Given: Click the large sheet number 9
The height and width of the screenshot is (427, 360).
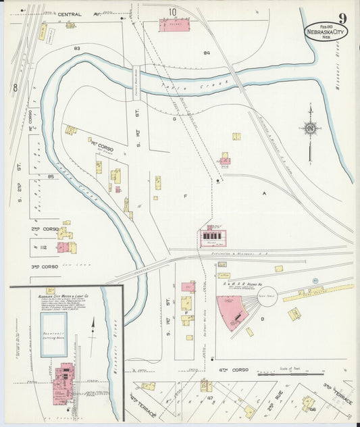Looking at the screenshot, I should click(x=343, y=18).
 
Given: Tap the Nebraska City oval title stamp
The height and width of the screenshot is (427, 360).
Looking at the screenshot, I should click(x=326, y=32).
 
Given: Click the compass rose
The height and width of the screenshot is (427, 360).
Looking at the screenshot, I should click(x=310, y=128).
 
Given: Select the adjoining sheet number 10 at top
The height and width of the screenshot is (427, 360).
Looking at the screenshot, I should click(x=173, y=11).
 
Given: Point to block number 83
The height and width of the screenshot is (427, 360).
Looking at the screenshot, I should click(x=77, y=48).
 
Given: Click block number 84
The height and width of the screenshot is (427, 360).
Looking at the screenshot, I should click(x=207, y=52).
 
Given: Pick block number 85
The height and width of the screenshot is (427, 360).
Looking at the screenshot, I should click(x=50, y=177).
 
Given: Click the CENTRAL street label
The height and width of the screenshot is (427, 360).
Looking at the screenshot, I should click(x=70, y=14).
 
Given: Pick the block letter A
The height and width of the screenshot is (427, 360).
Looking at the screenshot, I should click(x=265, y=193).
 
